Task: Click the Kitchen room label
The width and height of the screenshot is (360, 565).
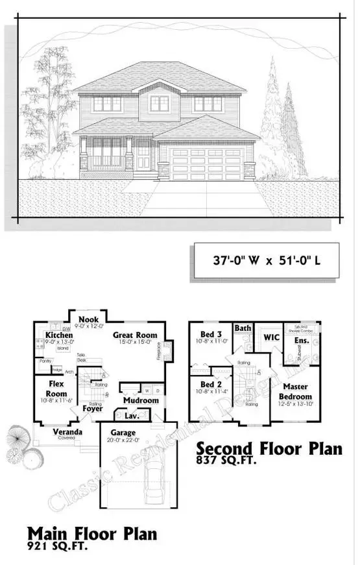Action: click(59, 335)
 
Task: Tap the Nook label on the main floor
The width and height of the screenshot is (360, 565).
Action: click(88, 320)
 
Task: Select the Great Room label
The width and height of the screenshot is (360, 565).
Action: click(132, 335)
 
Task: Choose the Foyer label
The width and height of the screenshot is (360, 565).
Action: click(91, 409)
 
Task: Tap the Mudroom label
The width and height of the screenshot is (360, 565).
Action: click(141, 400)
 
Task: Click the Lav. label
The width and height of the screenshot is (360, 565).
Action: click(130, 416)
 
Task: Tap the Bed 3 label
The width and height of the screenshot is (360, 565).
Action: click(209, 334)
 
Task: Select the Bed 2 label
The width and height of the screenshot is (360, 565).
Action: click(209, 384)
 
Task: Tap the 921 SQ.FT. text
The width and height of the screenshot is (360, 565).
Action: click(56, 546)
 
